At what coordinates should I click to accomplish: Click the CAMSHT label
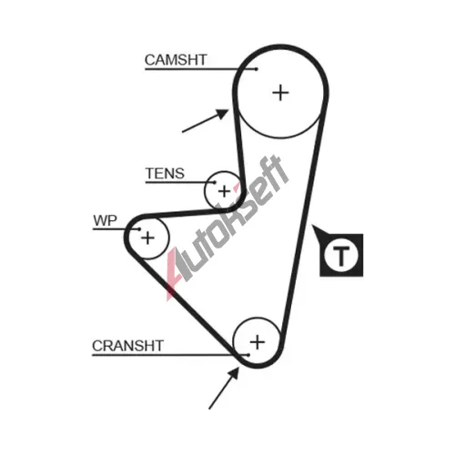176,60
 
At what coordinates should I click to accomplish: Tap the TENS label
165,174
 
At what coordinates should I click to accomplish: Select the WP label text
105,220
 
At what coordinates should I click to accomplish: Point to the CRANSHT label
128,346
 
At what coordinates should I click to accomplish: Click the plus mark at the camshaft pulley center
280,93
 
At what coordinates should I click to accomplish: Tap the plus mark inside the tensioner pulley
224,191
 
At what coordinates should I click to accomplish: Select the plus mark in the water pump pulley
148,238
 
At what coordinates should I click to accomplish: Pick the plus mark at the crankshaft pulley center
258,342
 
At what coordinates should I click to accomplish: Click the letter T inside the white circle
341,256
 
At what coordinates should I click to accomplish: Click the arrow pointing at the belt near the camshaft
205,121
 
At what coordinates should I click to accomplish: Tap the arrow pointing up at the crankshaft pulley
224,388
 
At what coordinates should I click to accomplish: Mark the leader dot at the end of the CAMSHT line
257,69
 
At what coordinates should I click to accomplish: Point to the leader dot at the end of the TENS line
215,182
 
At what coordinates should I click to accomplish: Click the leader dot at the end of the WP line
139,229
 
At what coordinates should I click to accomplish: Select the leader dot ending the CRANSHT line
248,355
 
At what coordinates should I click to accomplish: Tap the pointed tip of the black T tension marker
313,226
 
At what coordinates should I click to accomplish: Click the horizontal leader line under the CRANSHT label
170,355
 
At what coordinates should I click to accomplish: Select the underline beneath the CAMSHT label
200,69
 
